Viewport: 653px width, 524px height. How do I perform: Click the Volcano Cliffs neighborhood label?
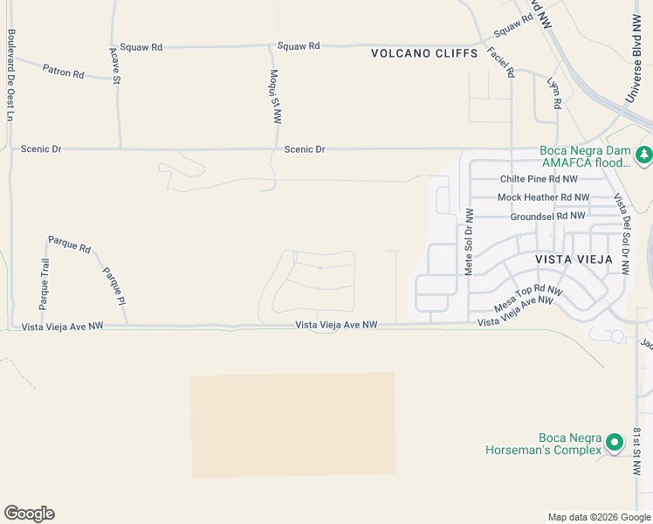tap(424, 53)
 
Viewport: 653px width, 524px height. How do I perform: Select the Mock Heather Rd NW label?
tap(543, 197)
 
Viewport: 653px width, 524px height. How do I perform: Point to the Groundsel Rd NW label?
tap(547, 216)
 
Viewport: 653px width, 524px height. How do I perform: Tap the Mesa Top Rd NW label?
tap(528, 298)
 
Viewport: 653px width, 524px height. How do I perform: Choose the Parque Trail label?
tap(44, 285)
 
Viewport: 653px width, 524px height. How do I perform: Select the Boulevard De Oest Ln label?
tap(11, 75)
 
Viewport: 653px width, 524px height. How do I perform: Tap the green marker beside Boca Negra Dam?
tap(644, 155)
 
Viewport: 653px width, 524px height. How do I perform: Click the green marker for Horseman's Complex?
tap(615, 443)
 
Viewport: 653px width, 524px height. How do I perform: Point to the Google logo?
tap(29, 514)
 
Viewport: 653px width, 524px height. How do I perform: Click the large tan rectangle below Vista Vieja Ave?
tap(292, 425)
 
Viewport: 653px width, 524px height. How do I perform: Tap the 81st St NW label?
tap(638, 452)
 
